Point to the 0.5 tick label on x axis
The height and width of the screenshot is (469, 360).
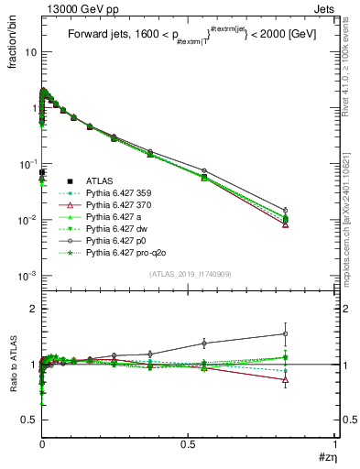pos(189,443)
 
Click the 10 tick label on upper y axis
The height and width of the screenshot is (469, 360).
pos(30,52)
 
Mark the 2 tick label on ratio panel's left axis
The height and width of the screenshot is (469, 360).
pos(33,310)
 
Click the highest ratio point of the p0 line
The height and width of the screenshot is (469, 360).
pos(286,334)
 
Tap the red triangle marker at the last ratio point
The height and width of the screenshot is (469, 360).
pos(286,380)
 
